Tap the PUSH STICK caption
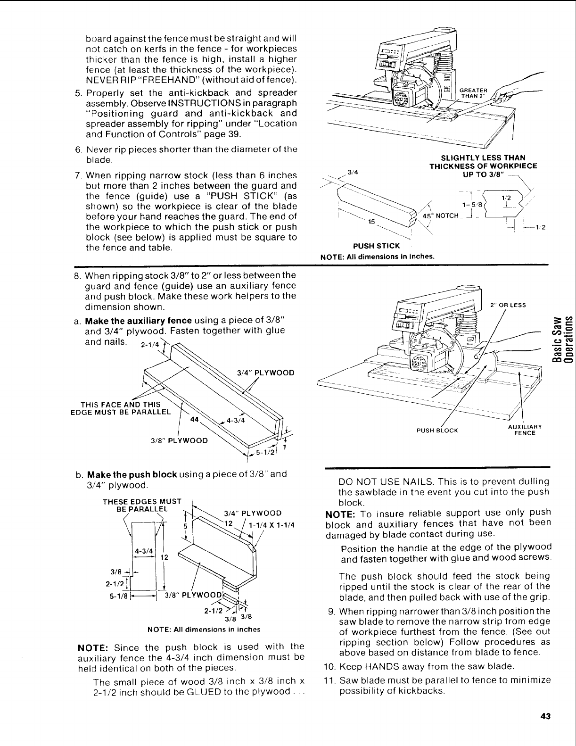click(377, 246)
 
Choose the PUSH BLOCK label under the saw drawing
click(437, 431)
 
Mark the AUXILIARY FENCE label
click(525, 430)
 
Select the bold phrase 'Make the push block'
click(124, 474)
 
